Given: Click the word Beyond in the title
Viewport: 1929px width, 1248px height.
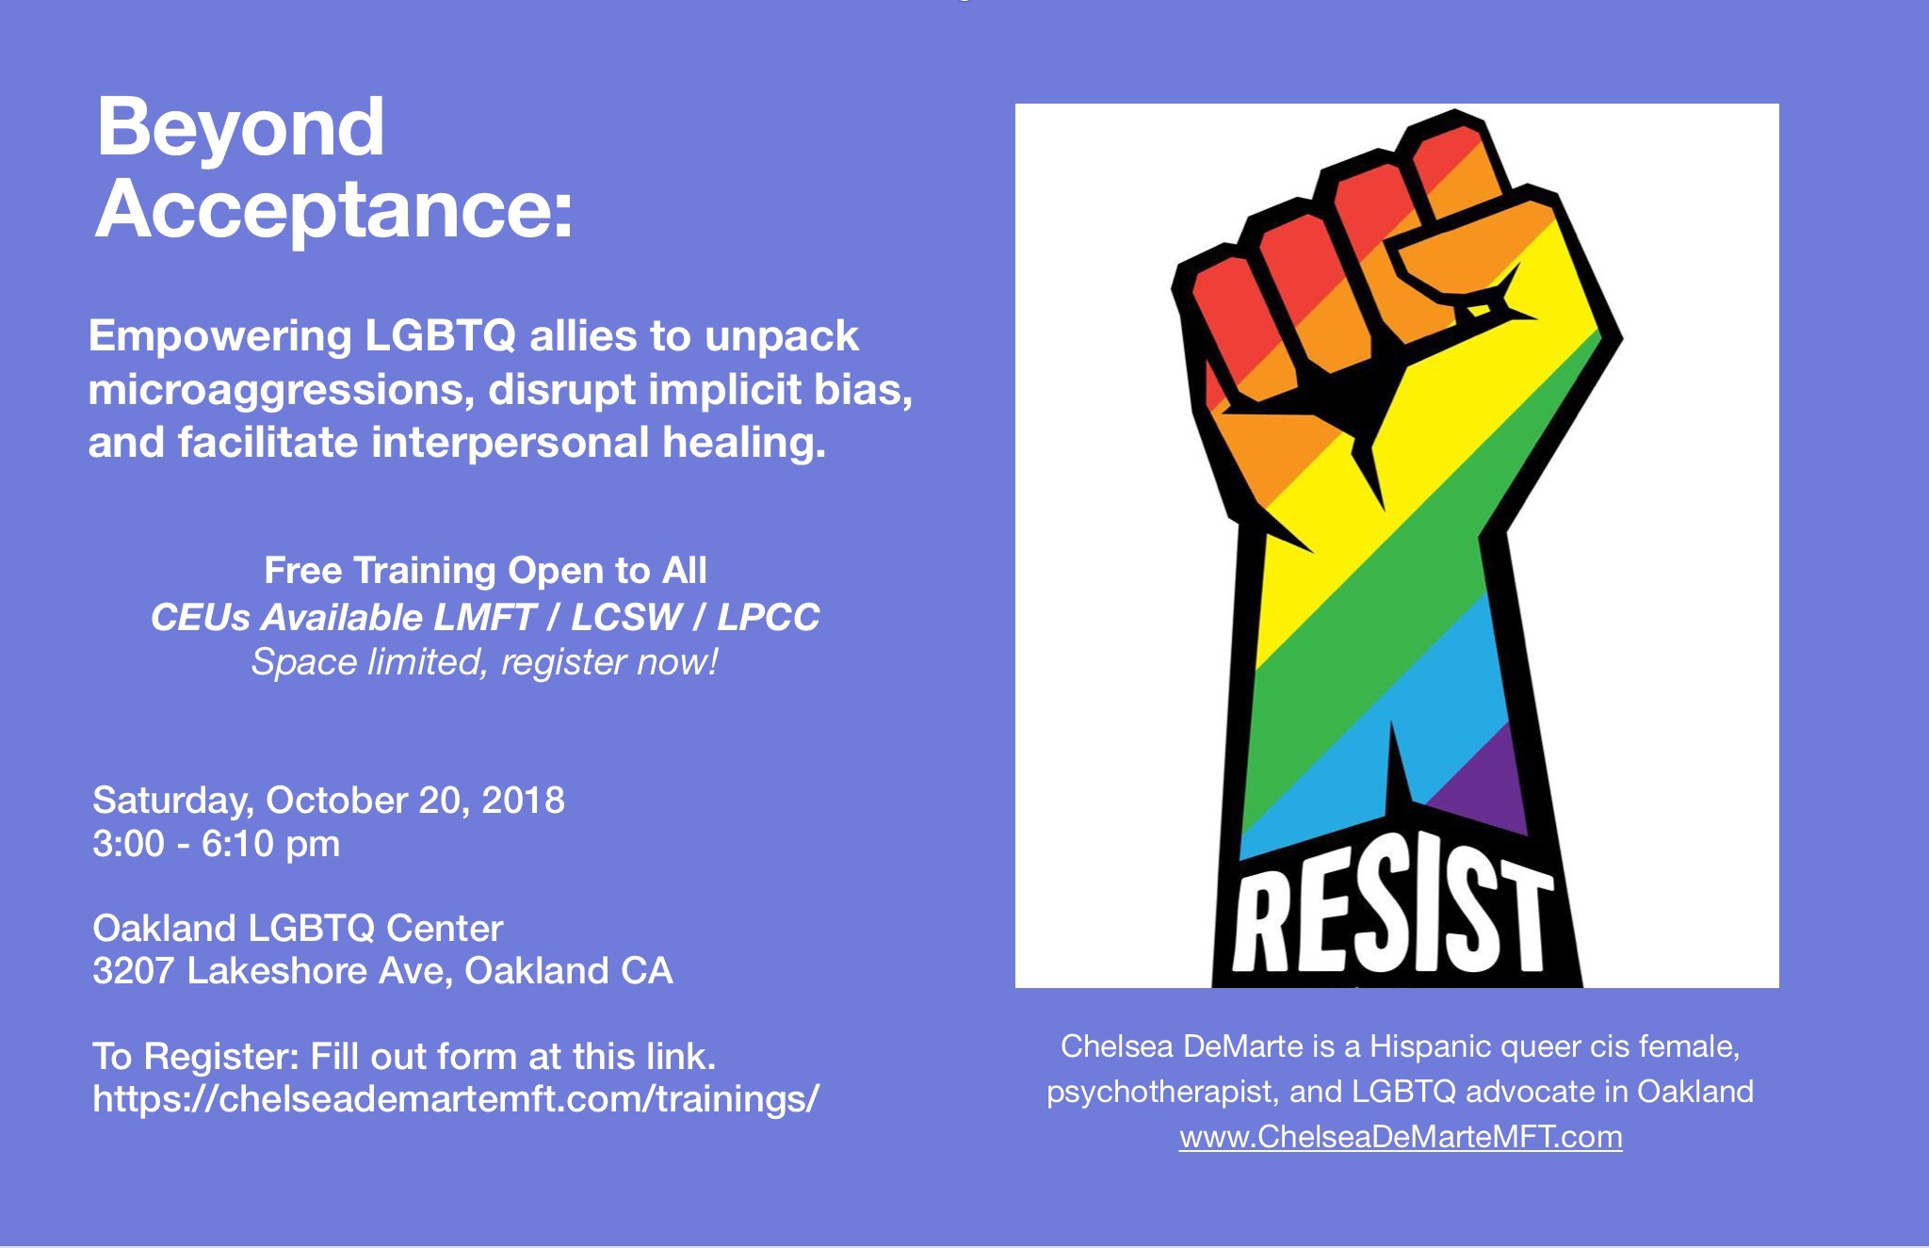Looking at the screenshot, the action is point(240,127).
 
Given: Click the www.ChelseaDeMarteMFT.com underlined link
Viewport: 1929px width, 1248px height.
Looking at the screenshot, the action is point(1401,1137).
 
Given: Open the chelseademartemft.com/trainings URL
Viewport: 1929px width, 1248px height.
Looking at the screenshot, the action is point(456,1098).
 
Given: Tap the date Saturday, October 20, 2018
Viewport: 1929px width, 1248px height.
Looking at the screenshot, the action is point(329,801).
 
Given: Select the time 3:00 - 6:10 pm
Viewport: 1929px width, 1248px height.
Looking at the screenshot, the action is point(217,844).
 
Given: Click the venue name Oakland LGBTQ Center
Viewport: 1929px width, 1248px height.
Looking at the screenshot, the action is point(298,929).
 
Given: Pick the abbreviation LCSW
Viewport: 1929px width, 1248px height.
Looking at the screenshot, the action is point(626,617).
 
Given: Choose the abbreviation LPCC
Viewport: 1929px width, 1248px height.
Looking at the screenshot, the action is point(769,617).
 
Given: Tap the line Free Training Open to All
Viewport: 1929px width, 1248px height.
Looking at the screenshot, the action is point(485,571).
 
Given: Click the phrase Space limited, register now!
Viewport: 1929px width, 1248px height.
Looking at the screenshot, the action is point(485,662).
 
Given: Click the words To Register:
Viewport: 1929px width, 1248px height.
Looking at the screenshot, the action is point(196,1057).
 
